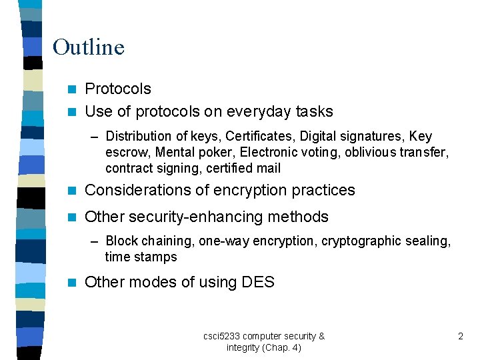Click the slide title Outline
[x=88, y=47]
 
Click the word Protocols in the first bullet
[x=118, y=89]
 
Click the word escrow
[x=127, y=153]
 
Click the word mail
[x=269, y=169]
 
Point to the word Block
[x=121, y=241]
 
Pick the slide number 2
[x=460, y=337]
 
